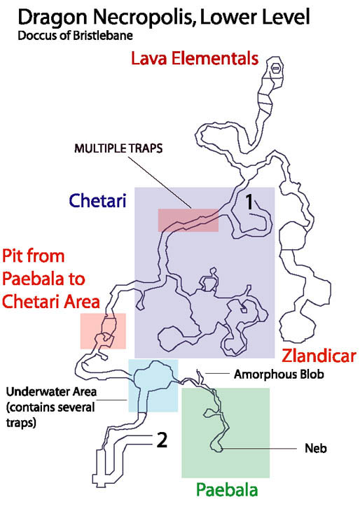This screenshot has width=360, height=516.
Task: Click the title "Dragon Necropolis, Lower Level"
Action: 164,18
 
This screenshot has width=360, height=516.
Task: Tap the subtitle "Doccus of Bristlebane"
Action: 76,36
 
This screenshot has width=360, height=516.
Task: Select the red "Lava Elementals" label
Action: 195,59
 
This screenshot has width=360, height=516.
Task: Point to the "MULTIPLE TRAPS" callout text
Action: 118,148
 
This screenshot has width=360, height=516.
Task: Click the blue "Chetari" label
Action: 97,200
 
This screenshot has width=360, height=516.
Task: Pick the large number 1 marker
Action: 249,202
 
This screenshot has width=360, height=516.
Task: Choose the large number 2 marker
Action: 162,440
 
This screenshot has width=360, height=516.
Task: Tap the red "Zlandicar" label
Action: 319,356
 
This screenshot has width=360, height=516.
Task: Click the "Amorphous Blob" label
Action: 279,375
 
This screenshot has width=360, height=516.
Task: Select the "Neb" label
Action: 316,449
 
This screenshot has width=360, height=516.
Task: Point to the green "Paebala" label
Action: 227,490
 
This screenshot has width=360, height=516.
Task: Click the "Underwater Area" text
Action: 51,392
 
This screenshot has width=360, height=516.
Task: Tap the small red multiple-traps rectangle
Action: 188,220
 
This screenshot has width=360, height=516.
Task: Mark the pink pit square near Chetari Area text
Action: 103,331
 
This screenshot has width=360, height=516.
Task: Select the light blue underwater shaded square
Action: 153,385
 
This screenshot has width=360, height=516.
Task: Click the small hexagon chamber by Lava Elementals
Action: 276,68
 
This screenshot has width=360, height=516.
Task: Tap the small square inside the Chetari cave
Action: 244,309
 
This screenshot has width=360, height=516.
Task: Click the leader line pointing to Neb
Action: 258,449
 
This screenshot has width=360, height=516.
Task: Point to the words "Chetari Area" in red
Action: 51,302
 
